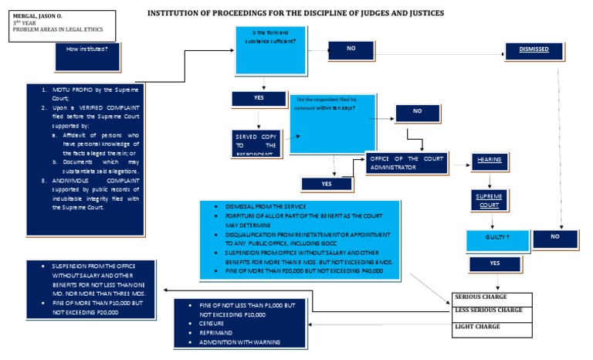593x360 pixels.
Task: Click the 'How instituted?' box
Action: point(87,49)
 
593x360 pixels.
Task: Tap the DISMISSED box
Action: point(534,50)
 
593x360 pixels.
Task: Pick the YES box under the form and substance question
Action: point(259,99)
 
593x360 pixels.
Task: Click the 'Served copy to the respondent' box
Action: point(255,144)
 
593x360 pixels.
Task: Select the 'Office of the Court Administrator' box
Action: point(408,163)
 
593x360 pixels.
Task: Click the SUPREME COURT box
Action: point(489,201)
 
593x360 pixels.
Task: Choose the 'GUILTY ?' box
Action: point(497,239)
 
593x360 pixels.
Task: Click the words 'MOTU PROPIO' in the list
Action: point(69,90)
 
